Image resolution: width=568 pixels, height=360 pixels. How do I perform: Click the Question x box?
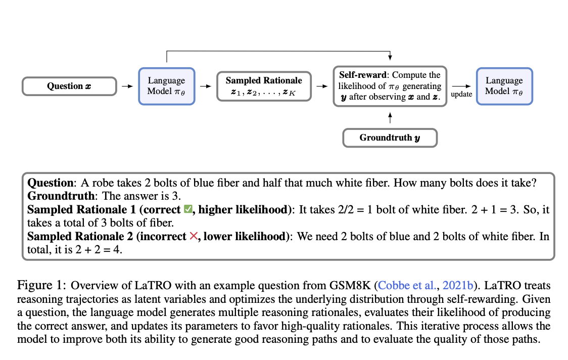coord(69,86)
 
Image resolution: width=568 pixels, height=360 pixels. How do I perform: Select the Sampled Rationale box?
coord(264,86)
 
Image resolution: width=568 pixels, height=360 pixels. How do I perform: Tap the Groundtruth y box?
coord(390,138)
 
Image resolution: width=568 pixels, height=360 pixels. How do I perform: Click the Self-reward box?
coord(390,86)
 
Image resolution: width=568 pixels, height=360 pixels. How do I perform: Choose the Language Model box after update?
coord(504,86)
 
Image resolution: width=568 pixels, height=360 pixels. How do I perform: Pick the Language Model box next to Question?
coord(167,86)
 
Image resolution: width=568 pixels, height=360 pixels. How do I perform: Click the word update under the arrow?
coord(461,94)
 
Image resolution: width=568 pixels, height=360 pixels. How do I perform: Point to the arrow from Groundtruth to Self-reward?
coord(390,118)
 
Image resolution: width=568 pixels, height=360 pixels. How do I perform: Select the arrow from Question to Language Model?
coord(127,86)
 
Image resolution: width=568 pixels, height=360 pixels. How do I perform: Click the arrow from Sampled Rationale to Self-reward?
coord(322,86)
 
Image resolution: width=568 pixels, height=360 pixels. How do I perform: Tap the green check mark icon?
coord(188,209)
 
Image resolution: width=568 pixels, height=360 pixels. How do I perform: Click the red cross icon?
coord(194,236)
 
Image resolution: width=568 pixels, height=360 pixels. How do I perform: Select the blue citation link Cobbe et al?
coord(406,285)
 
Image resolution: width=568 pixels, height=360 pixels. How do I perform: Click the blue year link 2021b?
coord(458,285)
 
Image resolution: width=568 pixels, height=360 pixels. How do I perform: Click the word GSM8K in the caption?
coord(350,285)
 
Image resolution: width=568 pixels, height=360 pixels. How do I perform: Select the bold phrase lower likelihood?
coord(245,236)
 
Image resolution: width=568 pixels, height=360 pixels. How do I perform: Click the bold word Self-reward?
coord(363,75)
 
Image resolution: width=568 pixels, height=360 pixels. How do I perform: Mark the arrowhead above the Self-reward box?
coord(390,57)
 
